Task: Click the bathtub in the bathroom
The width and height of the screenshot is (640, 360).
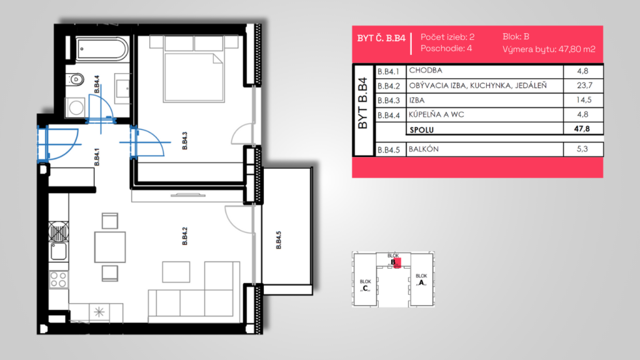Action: point(101,49)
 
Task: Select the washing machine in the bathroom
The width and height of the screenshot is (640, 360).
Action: point(76,107)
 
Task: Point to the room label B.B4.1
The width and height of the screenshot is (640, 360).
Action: point(97,157)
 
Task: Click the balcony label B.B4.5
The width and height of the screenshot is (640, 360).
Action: point(278,240)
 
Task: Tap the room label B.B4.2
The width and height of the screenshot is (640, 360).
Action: point(184,236)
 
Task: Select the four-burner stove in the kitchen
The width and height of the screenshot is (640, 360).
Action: point(58,279)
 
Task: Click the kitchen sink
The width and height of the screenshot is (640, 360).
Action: point(58,251)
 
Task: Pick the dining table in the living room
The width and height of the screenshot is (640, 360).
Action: point(110,247)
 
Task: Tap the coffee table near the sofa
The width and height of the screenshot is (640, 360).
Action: point(176,272)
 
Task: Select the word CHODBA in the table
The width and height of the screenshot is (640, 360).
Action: point(425,70)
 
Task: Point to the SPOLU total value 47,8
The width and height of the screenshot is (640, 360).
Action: point(582,129)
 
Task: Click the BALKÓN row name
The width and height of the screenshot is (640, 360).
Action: point(424,149)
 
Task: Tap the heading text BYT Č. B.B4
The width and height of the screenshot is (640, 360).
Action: point(381,38)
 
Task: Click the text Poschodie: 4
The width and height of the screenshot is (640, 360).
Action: point(446,49)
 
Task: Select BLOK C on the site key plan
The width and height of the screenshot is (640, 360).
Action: point(365,285)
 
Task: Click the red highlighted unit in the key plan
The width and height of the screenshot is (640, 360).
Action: point(397,262)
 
